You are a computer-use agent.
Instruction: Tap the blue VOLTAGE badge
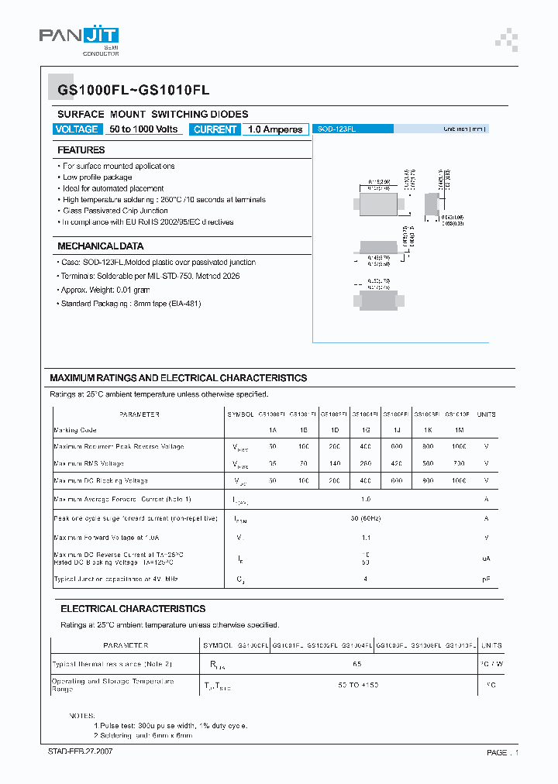(x=77, y=129)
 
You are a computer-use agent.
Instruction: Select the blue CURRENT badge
(x=215, y=129)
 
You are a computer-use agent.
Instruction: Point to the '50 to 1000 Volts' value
(x=143, y=129)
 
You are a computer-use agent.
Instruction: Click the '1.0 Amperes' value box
(x=275, y=129)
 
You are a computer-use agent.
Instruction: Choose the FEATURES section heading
(x=81, y=150)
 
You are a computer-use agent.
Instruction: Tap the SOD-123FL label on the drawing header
(x=336, y=129)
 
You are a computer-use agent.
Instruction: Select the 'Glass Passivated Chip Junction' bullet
(x=114, y=211)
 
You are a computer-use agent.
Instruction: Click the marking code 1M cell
(x=460, y=430)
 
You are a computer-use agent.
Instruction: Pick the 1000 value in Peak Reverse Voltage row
(x=460, y=447)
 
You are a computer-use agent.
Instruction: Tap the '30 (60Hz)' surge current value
(x=366, y=519)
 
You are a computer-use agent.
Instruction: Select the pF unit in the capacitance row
(x=486, y=579)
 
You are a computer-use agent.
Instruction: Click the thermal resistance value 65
(x=357, y=665)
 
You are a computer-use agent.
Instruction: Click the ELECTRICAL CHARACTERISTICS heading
(x=133, y=609)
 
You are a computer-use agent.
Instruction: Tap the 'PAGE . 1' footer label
(x=502, y=752)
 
